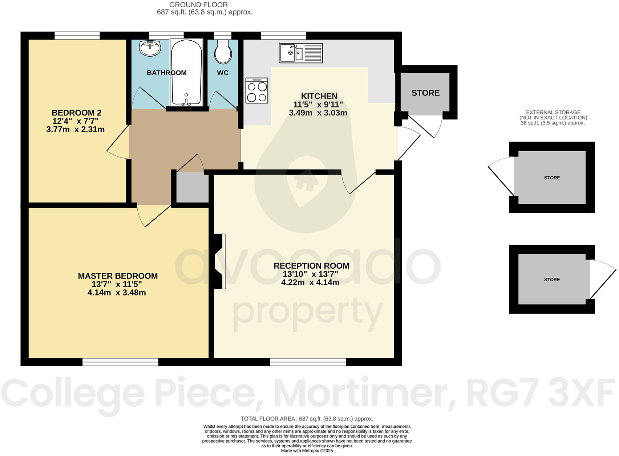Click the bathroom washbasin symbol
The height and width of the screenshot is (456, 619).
150,48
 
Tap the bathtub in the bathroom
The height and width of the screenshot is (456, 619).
186,73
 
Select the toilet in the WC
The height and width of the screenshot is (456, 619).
223,52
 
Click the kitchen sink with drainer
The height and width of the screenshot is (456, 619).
301,53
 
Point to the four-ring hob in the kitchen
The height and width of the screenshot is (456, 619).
257,90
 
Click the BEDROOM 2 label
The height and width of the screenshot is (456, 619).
76,113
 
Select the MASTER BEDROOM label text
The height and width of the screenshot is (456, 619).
118,276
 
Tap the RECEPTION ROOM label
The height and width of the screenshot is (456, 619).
311,266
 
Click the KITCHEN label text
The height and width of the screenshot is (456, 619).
319,96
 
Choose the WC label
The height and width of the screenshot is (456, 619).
223,73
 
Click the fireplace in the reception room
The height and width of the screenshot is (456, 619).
219,261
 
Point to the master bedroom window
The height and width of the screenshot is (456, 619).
120,362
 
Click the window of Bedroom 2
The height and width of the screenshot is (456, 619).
77,36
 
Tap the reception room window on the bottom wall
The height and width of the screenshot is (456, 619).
308,362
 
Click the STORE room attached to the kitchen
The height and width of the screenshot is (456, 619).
425,93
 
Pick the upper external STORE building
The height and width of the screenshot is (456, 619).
552,178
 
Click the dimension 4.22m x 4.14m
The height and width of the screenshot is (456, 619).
310,282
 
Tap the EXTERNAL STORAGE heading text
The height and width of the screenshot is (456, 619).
553,113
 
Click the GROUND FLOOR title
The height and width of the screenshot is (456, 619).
198,5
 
